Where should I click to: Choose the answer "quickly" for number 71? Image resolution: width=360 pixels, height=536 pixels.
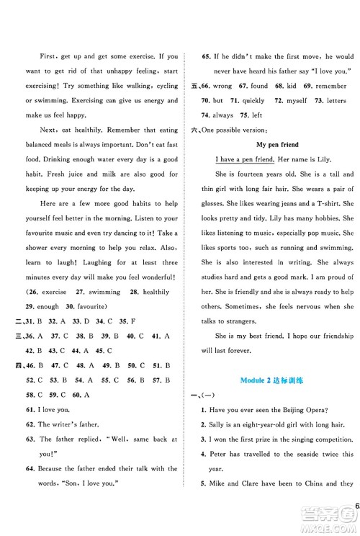(256, 100)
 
